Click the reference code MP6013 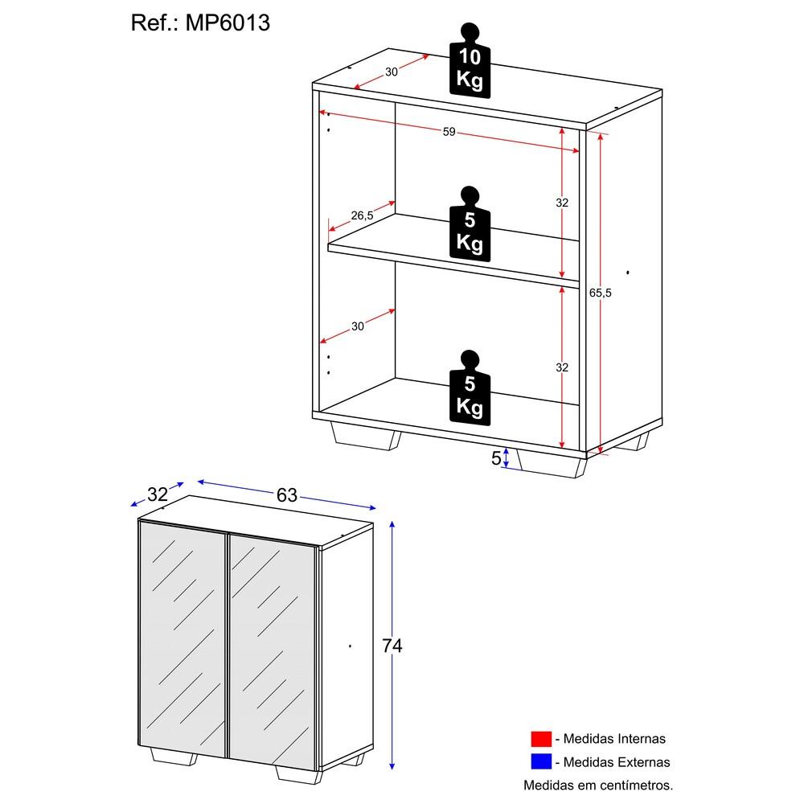tap(228, 23)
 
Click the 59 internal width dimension tap(449, 132)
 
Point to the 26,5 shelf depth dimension tap(362, 215)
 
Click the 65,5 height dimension tap(601, 293)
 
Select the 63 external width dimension tap(287, 495)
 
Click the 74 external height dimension tap(392, 646)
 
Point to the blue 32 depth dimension tap(158, 494)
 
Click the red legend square tap(541, 739)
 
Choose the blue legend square tap(541, 761)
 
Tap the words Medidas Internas tap(614, 739)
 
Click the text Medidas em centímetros tap(598, 785)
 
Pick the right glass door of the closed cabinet tap(272, 643)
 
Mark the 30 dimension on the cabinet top tap(392, 72)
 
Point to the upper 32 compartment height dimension tap(562, 203)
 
